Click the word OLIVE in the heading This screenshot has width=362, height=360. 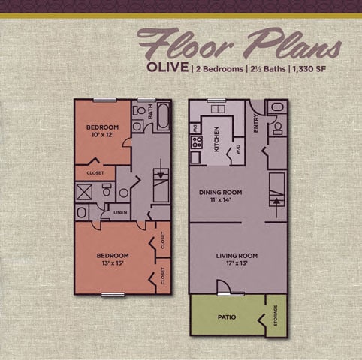click(164, 70)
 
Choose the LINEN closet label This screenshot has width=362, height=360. click(120, 214)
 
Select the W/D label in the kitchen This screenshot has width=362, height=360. click(238, 148)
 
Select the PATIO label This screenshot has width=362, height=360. click(228, 316)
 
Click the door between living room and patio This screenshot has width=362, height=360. click(222, 286)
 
